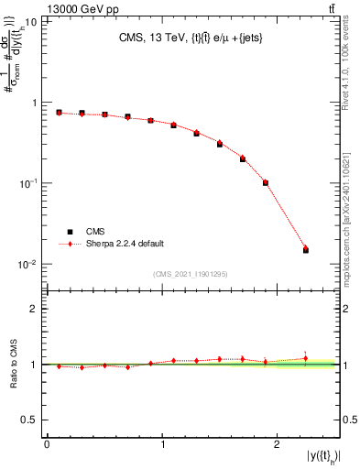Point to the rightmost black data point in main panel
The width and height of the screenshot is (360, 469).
tap(306, 249)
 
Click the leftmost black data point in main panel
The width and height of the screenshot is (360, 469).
tap(59, 113)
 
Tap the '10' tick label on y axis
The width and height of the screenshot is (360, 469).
tap(32, 21)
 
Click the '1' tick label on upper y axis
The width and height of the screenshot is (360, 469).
tap(37, 103)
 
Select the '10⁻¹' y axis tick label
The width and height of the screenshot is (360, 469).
tap(30, 183)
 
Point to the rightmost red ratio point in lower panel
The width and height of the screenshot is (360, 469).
tap(306, 358)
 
